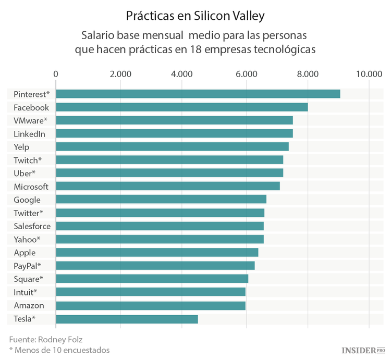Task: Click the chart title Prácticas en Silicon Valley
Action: coord(195,16)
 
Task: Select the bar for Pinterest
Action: coord(198,94)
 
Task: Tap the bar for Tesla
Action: coord(127,319)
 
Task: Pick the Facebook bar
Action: coord(181,107)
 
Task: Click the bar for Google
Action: coord(161,200)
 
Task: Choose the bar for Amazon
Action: coord(151,306)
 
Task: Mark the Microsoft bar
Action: coord(168,186)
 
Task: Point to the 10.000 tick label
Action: coord(369,74)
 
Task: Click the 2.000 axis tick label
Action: coord(120,74)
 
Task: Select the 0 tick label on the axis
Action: coord(56,74)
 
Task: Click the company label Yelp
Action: coord(22,147)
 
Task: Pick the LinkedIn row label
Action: coord(29,134)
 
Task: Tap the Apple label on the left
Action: coord(25,253)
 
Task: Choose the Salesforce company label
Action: coord(32,226)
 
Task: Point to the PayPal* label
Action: coord(28,266)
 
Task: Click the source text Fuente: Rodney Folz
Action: coord(46,339)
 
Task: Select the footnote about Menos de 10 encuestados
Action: coord(59,350)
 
